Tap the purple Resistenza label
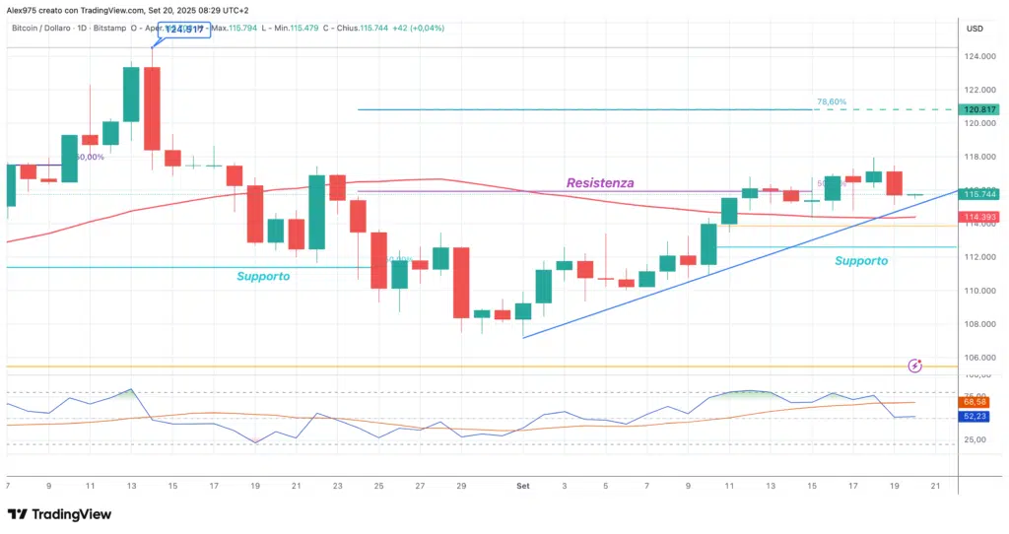pyautogui.click(x=599, y=183)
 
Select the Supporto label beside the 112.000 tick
pyautogui.click(x=860, y=261)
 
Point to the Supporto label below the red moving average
pyautogui.click(x=263, y=277)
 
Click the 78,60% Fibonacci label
pyautogui.click(x=832, y=101)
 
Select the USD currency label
pyautogui.click(x=975, y=28)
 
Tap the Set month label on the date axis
pyautogui.click(x=523, y=486)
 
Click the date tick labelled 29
pyautogui.click(x=461, y=486)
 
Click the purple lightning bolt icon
pyautogui.click(x=914, y=366)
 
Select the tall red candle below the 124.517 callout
pyautogui.click(x=152, y=108)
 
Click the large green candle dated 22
pyautogui.click(x=316, y=212)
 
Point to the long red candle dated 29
pyautogui.click(x=461, y=282)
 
